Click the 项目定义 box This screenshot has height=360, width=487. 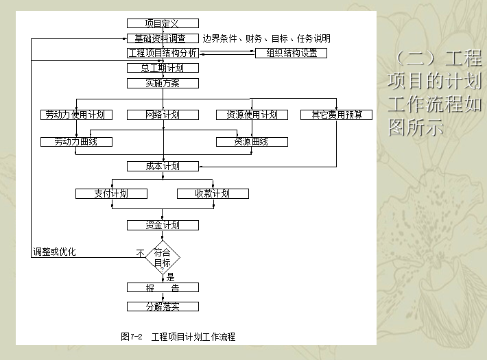coord(163,23)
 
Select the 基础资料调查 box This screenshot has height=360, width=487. coord(163,38)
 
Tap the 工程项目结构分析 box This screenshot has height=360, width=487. coord(163,53)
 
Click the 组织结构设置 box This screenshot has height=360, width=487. coord(291,53)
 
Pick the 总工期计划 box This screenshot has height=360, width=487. coord(163,68)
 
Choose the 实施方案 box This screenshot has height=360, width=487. coord(163,83)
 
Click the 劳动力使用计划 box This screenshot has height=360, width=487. coord(75,115)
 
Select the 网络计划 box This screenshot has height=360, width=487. coord(163,115)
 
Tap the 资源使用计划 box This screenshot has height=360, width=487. coord(252,115)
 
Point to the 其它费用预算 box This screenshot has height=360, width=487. coord(336,115)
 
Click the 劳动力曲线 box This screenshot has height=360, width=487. coord(75,142)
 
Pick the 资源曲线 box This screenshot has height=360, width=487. coord(252,142)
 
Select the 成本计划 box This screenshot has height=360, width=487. coord(163,166)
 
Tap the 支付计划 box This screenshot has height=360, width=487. coord(111,193)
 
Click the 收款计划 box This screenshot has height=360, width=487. coord(213,193)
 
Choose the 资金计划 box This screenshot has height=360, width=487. coord(163,225)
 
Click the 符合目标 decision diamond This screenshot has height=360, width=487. coord(163,257)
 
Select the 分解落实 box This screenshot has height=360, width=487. coord(163,307)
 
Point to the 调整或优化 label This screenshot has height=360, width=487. coord(55,252)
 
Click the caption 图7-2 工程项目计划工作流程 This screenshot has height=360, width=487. coord(178,337)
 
